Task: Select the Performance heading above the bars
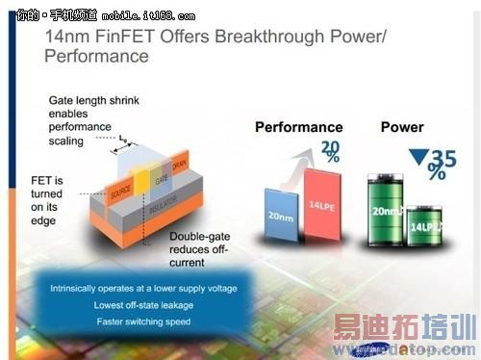point(298,127)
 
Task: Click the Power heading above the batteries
point(402,127)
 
